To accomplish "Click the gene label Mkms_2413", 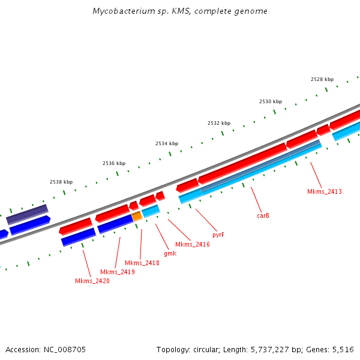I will pyautogui.click(x=324, y=191).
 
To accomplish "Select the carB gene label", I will pyautogui.click(x=263, y=215).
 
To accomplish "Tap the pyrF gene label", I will pyautogui.click(x=218, y=235).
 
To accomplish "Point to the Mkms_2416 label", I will pyautogui.click(x=192, y=245).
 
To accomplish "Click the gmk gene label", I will pyautogui.click(x=170, y=254).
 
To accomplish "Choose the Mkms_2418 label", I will pyautogui.click(x=142, y=263).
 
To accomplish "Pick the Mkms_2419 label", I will pyautogui.click(x=117, y=272).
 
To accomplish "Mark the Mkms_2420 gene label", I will pyautogui.click(x=92, y=281).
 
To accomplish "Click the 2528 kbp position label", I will pyautogui.click(x=322, y=79).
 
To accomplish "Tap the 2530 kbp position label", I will pyautogui.click(x=271, y=101).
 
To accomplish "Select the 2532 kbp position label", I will pyautogui.click(x=219, y=123).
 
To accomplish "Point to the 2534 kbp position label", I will pyautogui.click(x=167, y=143).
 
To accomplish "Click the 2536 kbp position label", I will pyautogui.click(x=114, y=163).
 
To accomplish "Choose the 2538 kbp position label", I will pyautogui.click(x=61, y=182).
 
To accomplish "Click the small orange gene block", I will pyautogui.click(x=137, y=215).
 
